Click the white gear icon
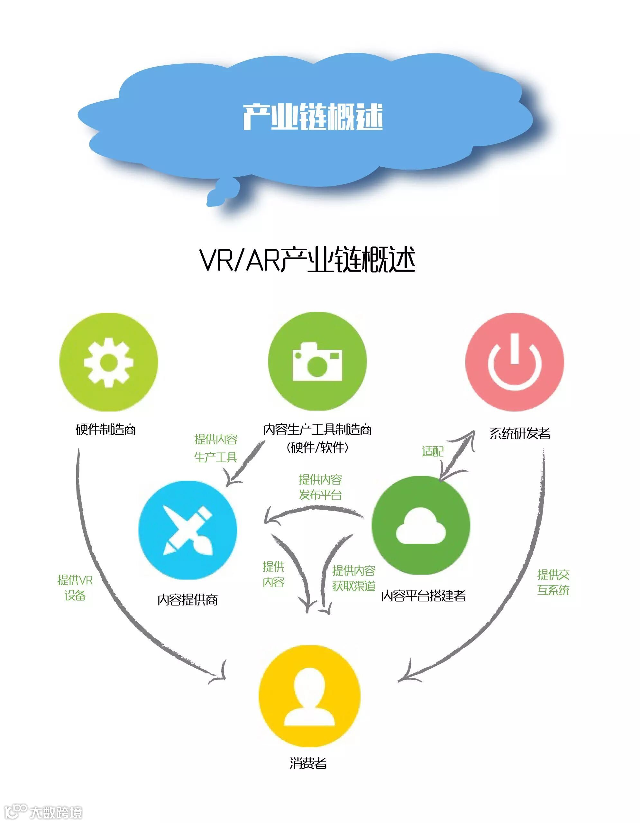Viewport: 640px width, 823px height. (x=108, y=362)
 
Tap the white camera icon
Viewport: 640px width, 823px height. (x=317, y=361)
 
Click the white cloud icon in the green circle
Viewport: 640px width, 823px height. (x=421, y=526)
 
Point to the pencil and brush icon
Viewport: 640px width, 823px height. (x=187, y=530)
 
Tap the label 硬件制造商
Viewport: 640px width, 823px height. (x=106, y=429)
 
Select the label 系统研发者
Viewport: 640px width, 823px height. (x=520, y=433)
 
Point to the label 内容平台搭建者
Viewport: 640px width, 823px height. (x=424, y=596)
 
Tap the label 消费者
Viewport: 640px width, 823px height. (x=308, y=763)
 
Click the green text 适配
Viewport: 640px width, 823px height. (x=433, y=451)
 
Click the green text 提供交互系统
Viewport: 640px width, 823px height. (x=553, y=582)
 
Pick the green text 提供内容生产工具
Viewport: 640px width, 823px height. (x=215, y=448)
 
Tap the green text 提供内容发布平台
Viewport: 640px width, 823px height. (x=320, y=487)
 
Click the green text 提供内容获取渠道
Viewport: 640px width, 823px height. (x=353, y=578)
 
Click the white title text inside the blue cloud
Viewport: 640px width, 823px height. (x=313, y=117)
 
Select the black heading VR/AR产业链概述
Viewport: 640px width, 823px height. (x=307, y=260)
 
